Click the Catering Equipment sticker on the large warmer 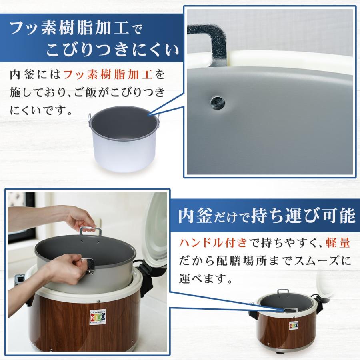click(x=97, y=316)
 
